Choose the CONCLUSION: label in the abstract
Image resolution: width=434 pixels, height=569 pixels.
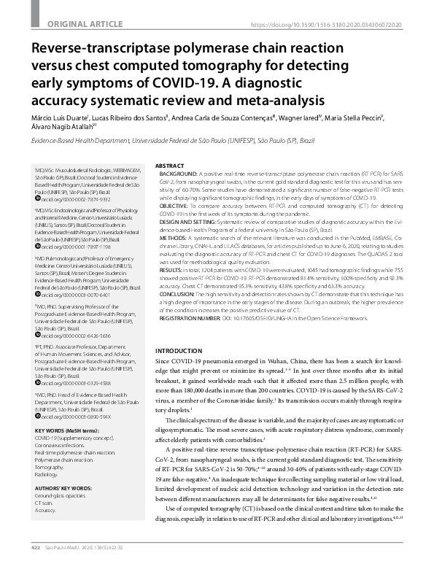tap(177, 293)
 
